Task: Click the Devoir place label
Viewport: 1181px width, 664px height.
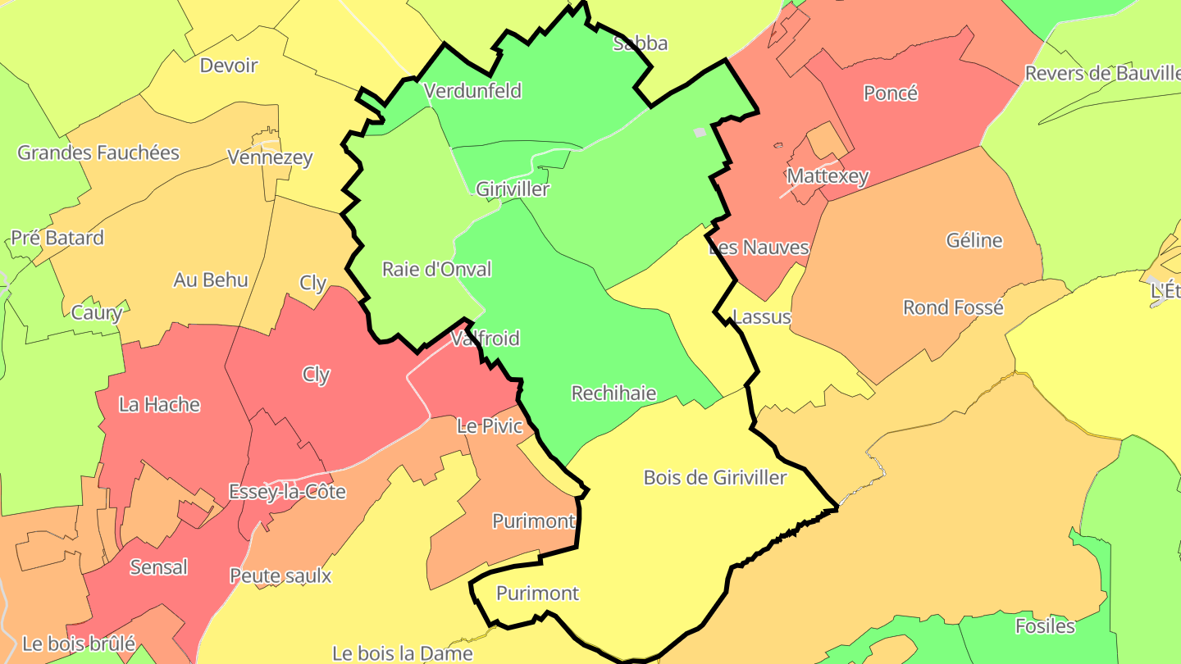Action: click(229, 66)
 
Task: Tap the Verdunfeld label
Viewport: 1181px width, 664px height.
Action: click(472, 90)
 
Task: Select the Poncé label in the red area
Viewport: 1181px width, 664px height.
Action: click(891, 93)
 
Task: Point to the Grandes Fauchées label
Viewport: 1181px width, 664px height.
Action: click(98, 152)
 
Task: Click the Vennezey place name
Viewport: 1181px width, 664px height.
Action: click(270, 157)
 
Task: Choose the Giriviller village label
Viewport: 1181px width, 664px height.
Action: click(513, 189)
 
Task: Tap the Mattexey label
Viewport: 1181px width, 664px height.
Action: click(827, 176)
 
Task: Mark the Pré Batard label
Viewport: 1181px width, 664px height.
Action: click(57, 238)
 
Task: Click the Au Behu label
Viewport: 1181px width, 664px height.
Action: click(211, 280)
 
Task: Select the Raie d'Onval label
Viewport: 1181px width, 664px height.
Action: click(437, 269)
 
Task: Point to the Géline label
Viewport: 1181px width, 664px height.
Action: click(974, 240)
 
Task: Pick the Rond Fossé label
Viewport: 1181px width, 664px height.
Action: click(953, 307)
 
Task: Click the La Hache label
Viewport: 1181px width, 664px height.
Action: click(159, 404)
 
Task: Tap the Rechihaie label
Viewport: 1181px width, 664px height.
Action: click(613, 393)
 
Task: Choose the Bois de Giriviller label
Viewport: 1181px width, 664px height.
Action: click(715, 477)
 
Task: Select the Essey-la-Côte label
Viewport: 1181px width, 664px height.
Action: click(287, 492)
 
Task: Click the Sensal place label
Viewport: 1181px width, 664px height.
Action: click(159, 567)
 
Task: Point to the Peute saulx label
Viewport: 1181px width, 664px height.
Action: click(280, 575)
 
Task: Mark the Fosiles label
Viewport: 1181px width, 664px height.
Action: click(1045, 626)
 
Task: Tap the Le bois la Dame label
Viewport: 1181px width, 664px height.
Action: click(403, 653)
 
